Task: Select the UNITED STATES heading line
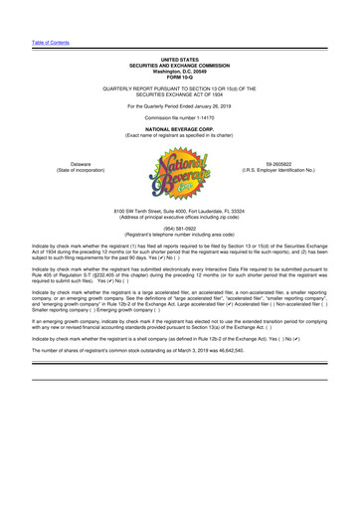[179, 60]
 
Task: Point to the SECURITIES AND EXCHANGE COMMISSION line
[179, 66]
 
